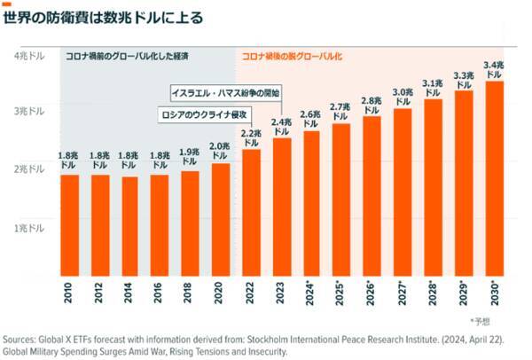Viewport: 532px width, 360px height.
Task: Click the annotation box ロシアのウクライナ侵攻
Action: tap(202, 115)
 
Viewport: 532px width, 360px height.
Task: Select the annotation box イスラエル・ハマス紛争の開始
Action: tap(224, 92)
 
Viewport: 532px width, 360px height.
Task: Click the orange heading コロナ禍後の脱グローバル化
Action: tap(292, 57)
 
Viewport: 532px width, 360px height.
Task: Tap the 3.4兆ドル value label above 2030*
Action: tap(494, 69)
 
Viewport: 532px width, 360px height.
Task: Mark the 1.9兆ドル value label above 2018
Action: tap(189, 157)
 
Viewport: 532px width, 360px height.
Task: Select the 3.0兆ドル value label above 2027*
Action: tap(403, 97)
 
